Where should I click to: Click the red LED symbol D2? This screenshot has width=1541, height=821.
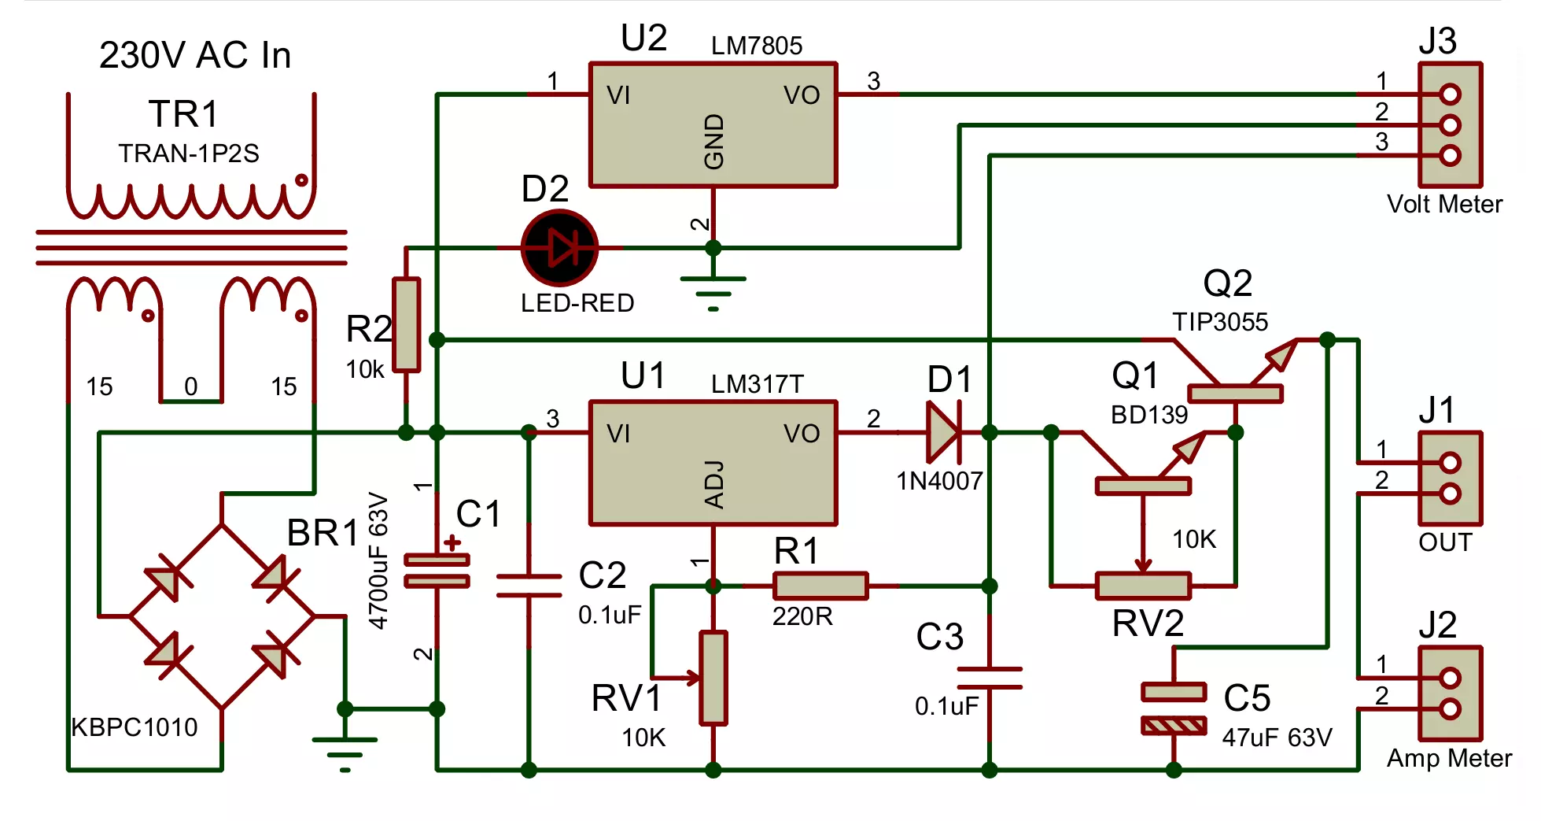[559, 248]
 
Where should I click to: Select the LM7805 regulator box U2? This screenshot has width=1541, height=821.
[713, 124]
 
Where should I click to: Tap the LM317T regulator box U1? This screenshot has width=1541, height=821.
[713, 463]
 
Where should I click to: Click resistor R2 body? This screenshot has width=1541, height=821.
[406, 324]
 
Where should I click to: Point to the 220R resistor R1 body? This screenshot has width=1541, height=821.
[820, 586]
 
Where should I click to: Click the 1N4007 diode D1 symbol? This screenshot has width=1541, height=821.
[944, 432]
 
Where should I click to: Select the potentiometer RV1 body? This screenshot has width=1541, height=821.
[713, 677]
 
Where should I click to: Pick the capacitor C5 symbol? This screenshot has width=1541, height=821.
[1174, 708]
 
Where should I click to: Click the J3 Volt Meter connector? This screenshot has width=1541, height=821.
[1451, 124]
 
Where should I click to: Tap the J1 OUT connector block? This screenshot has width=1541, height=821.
[1451, 478]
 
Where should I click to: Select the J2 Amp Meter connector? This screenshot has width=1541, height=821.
[1451, 693]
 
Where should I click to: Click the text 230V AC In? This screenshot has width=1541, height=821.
[195, 55]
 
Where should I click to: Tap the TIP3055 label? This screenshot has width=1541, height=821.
[1220, 321]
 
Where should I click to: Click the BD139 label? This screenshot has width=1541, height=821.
[1149, 414]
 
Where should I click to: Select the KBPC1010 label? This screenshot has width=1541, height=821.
[135, 727]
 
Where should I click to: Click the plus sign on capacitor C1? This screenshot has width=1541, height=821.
[452, 542]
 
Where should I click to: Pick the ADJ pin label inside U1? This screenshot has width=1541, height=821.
[713, 485]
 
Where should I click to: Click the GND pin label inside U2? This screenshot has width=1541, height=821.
[713, 142]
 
